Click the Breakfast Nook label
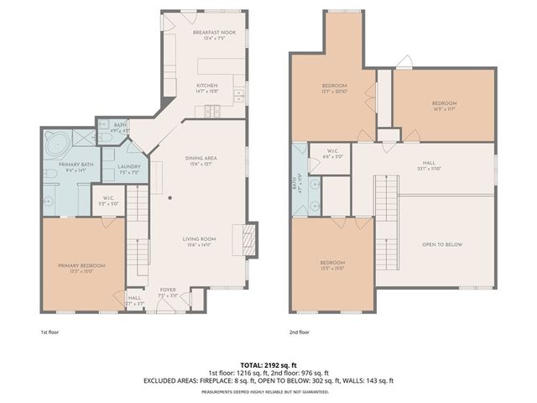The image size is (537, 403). [214, 34]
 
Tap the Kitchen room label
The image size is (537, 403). [207, 88]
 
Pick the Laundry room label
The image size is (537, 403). [117, 169]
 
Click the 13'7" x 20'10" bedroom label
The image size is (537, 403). [334, 88]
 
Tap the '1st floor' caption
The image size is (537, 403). [50, 332]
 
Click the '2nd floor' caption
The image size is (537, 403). [299, 332]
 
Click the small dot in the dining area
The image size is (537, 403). [170, 198]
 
